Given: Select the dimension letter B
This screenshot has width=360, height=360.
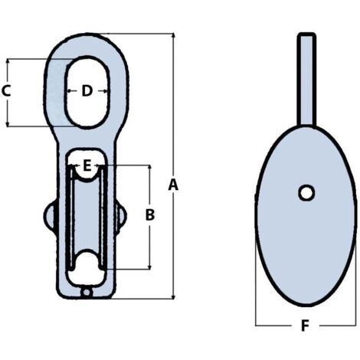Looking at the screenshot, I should pos(150,215).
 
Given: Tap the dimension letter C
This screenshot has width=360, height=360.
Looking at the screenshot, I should pos(6,91).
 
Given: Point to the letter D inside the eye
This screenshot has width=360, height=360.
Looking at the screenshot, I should pos(87,91).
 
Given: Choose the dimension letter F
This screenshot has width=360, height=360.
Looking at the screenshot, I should pos(304,327).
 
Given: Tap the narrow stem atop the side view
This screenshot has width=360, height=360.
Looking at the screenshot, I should pos(306,77).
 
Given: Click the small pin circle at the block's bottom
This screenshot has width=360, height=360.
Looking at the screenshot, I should pos(87,292).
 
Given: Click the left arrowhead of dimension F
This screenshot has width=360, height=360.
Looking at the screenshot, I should pos(259,326).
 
